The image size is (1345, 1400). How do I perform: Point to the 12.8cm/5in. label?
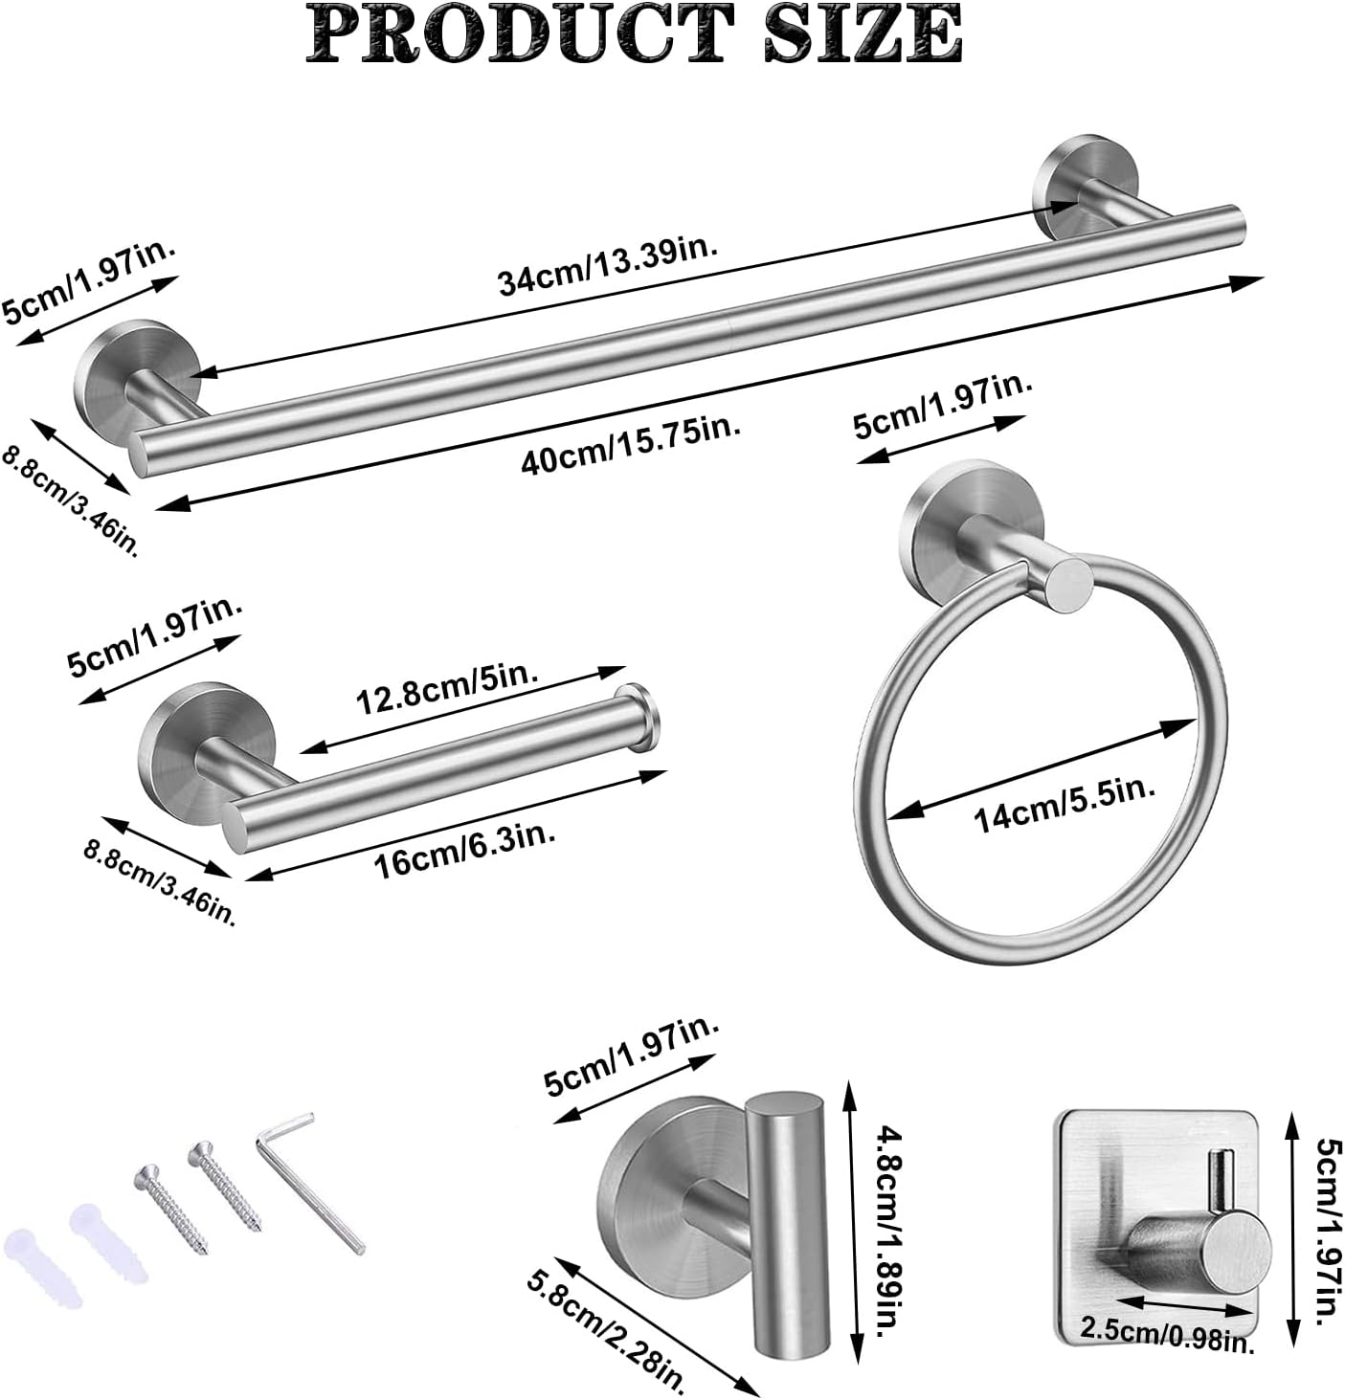pos(441,686)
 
